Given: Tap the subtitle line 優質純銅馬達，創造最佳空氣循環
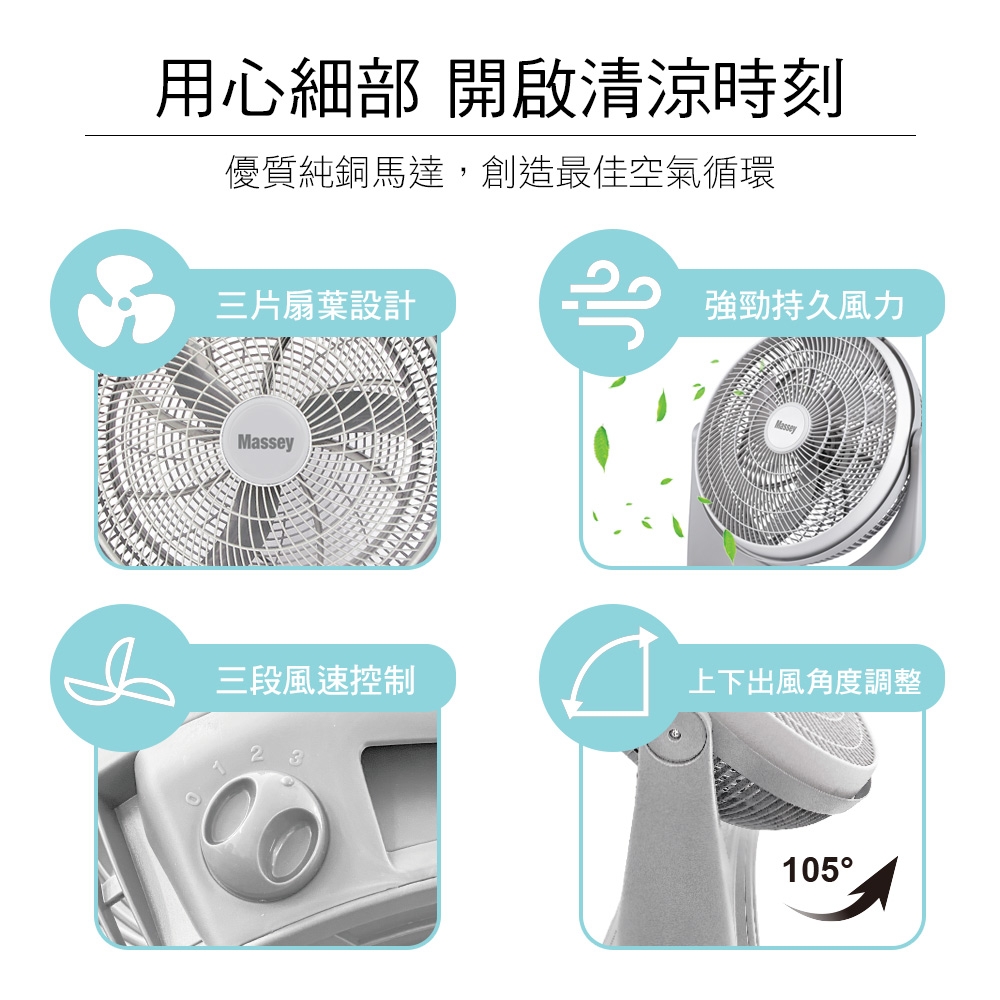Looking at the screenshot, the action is (500, 172).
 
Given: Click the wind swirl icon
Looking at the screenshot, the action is (611, 304).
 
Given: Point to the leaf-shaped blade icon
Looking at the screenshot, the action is (119, 674).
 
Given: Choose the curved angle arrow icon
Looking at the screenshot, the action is (610, 674).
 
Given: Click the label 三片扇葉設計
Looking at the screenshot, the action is (316, 305).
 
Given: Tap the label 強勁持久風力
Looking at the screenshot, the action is (805, 305).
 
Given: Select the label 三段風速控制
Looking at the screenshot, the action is (316, 680).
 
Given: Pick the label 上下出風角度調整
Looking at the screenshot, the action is (805, 680).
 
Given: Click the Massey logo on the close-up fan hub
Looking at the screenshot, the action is (265, 441).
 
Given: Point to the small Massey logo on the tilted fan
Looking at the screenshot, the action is (786, 426).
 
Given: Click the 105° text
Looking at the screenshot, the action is (817, 870).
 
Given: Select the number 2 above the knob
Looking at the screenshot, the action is (256, 754).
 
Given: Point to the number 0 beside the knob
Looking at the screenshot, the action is (194, 800).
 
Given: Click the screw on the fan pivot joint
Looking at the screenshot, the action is (675, 736).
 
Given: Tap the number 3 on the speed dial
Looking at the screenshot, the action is (295, 758).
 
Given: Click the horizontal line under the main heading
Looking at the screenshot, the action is (500, 135).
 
